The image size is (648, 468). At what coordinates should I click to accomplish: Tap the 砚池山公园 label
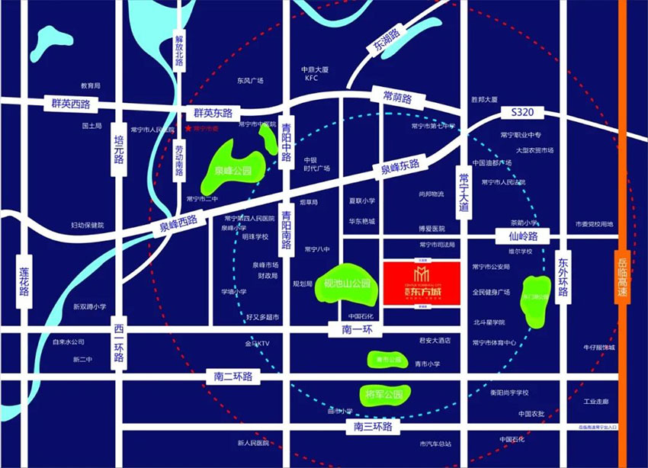[x=347, y=283]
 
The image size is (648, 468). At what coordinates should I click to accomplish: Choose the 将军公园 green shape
[x=383, y=395]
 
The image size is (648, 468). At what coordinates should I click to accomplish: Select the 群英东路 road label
[x=212, y=112]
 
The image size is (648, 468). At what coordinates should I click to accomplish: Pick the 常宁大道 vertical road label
[x=462, y=191]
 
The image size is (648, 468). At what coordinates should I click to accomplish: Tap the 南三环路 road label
[x=372, y=427]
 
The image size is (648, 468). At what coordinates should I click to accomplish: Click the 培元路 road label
[x=117, y=149]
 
